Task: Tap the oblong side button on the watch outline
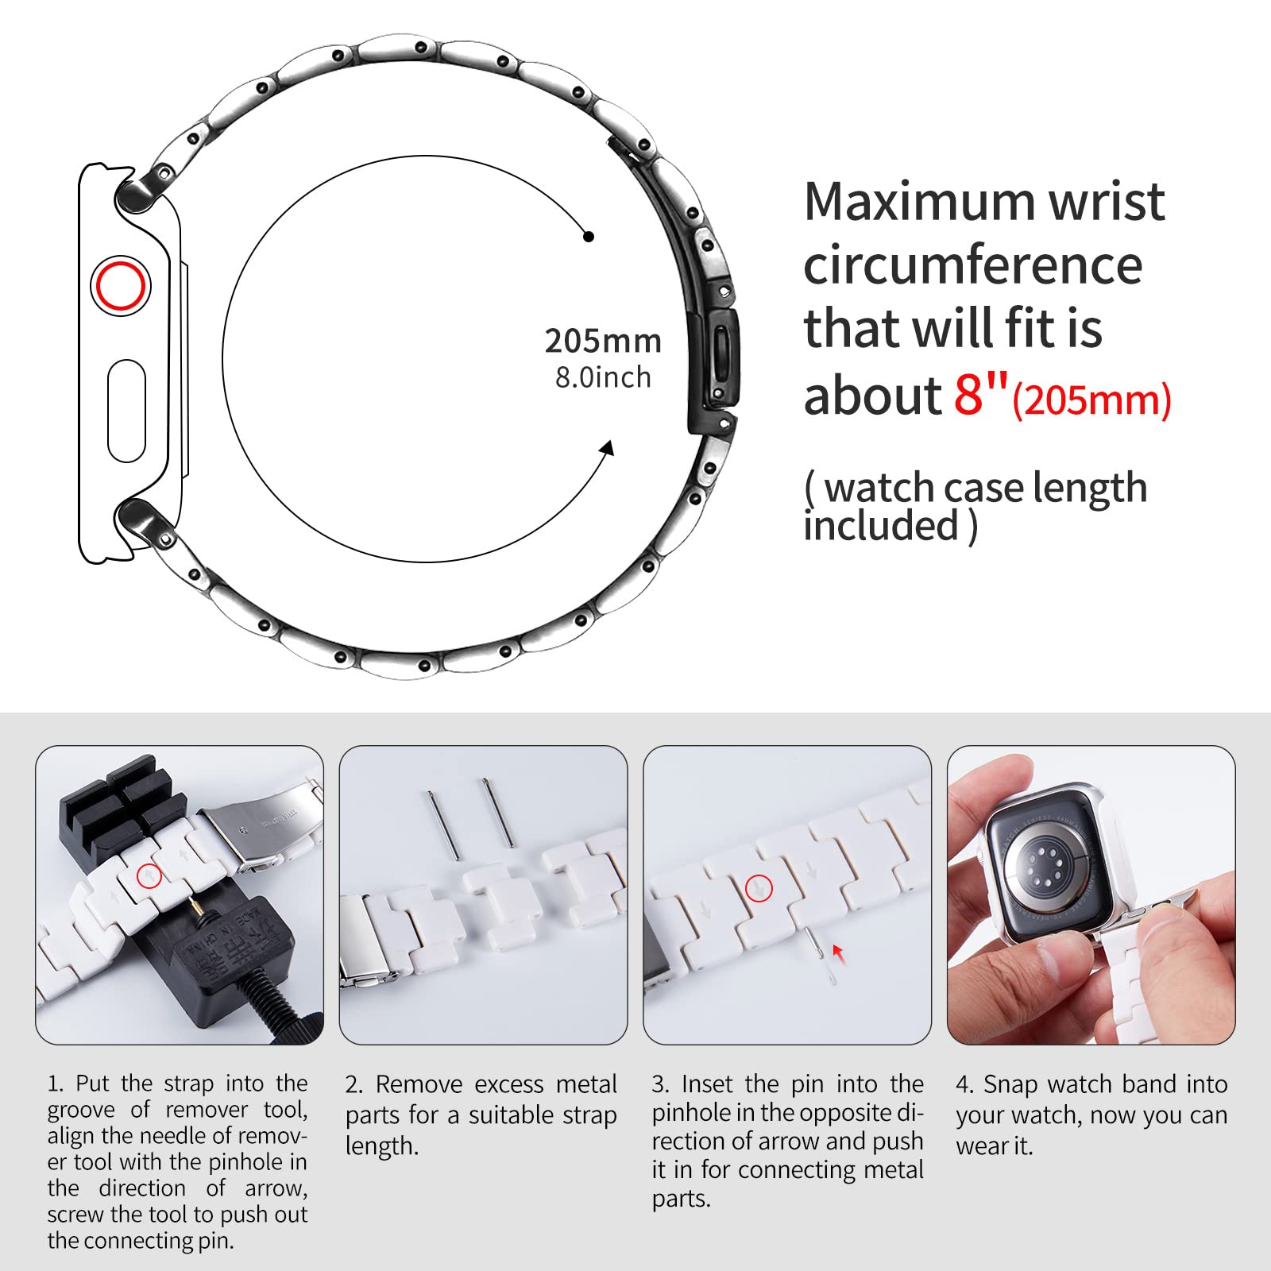point(126,411)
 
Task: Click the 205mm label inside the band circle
point(603,341)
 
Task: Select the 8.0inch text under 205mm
point(603,377)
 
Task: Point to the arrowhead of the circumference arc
point(608,448)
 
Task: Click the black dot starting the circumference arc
point(589,237)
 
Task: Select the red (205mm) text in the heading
point(1091,399)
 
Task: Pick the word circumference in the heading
point(973,265)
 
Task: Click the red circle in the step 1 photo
point(149,875)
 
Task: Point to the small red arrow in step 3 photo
point(838,952)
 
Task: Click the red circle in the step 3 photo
point(759,888)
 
